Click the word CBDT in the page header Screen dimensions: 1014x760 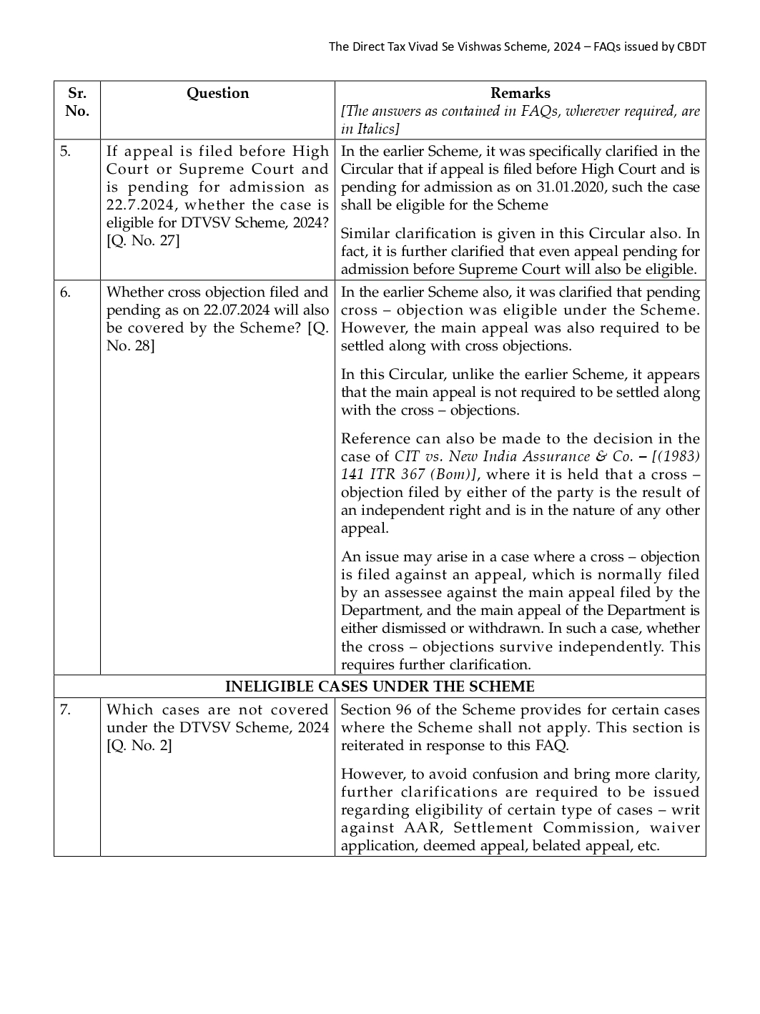[x=691, y=47]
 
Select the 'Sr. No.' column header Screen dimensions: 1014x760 [x=77, y=102]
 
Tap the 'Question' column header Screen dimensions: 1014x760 [x=217, y=94]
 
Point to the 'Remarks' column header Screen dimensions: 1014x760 [x=520, y=94]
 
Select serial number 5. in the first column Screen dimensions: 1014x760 [x=65, y=152]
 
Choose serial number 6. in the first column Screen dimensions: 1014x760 [x=65, y=292]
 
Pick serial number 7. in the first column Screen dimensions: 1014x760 [x=65, y=710]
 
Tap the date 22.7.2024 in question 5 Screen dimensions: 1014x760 [x=139, y=205]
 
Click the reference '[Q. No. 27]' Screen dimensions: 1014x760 [x=143, y=241]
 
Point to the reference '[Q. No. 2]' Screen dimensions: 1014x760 [x=139, y=746]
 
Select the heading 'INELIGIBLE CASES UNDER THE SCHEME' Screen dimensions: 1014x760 [x=380, y=686]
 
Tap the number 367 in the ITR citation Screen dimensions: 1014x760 [x=416, y=475]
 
